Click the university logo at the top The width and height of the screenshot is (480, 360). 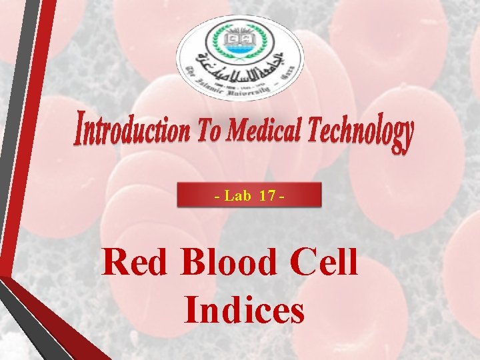(x=239, y=58)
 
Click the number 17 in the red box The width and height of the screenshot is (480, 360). (x=267, y=196)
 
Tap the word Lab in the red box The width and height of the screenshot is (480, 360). (x=237, y=196)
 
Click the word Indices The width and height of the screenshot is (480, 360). (x=245, y=310)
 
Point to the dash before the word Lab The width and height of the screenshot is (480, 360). (x=217, y=197)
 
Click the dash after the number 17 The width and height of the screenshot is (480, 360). (x=283, y=197)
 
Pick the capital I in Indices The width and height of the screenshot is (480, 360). (x=192, y=310)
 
